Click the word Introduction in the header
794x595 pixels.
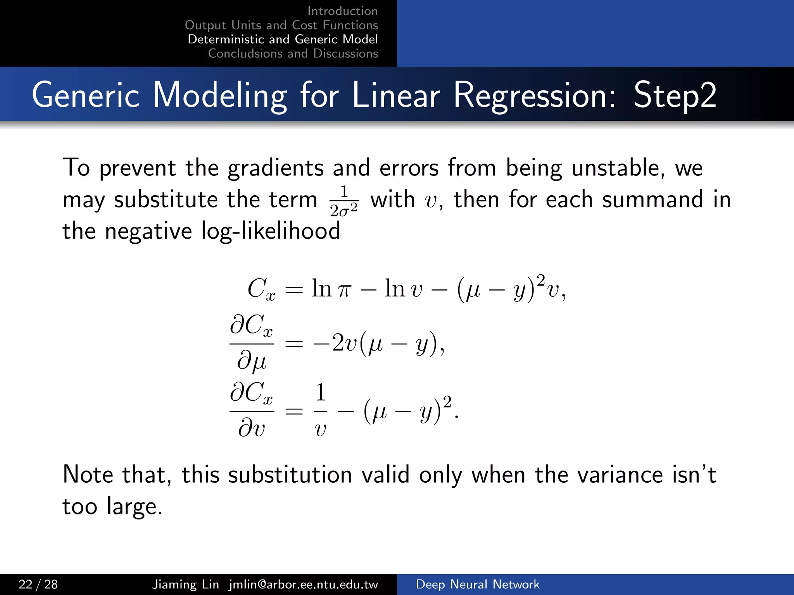[x=342, y=11]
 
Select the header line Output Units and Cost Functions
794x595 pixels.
[x=281, y=25]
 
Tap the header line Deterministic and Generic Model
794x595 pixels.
[x=283, y=40]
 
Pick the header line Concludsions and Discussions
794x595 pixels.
[x=293, y=53]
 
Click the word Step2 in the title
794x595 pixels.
[x=675, y=95]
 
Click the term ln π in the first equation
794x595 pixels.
[x=331, y=289]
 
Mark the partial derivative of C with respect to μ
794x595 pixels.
[x=252, y=343]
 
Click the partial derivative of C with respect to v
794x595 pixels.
[x=252, y=409]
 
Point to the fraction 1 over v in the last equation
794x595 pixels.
[x=320, y=409]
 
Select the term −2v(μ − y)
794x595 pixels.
[x=378, y=343]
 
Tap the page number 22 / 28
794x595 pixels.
[x=38, y=584]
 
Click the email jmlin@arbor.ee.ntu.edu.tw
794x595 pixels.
[x=303, y=584]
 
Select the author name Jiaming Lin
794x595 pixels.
[x=185, y=584]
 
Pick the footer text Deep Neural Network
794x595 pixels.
[x=477, y=584]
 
